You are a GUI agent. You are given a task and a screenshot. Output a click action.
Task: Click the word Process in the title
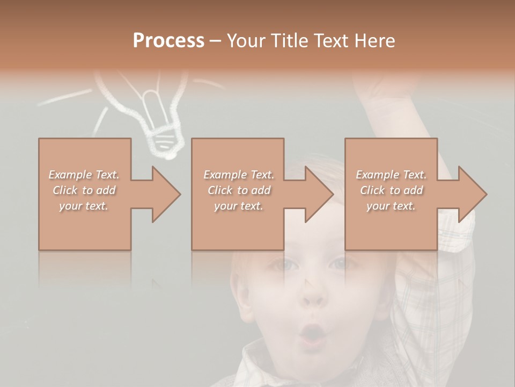(168, 40)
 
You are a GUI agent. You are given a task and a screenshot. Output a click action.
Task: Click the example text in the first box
(84, 190)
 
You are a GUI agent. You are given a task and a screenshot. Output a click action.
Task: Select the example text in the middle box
(239, 190)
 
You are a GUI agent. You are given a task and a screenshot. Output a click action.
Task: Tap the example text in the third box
(391, 190)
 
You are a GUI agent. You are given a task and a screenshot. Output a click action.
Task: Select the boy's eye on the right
(339, 263)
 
